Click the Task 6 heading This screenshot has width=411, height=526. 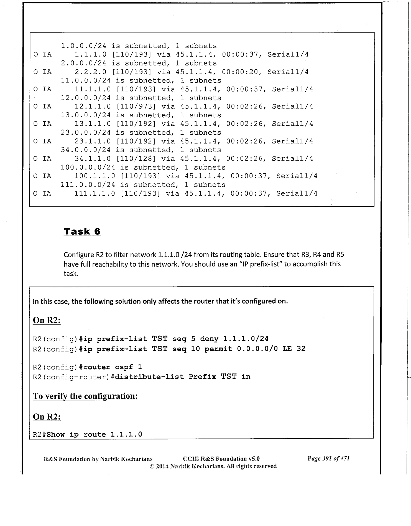[x=82, y=231]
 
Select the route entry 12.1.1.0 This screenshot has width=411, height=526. [x=93, y=107]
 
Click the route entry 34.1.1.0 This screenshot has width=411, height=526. [x=93, y=159]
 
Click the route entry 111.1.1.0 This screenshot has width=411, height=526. [x=95, y=193]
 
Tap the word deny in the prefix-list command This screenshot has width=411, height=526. [x=209, y=339]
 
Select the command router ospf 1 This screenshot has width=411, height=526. [x=113, y=367]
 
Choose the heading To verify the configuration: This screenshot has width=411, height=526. [x=85, y=396]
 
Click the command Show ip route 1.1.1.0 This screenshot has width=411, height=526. [x=95, y=434]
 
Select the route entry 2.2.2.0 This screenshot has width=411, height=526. [x=91, y=72]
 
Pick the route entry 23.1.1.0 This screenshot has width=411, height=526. [x=93, y=141]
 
